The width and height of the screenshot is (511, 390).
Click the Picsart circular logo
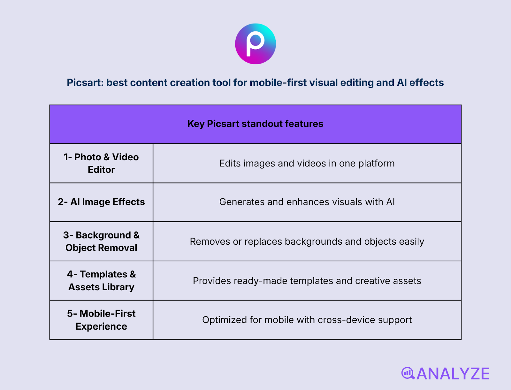[x=256, y=44]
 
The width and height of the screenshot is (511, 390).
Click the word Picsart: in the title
[x=85, y=83]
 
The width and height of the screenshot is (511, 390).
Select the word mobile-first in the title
[x=278, y=83]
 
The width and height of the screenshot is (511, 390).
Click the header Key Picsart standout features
[x=256, y=124]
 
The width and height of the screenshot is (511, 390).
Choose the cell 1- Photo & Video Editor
[x=101, y=163]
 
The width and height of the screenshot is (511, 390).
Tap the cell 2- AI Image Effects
[x=101, y=202]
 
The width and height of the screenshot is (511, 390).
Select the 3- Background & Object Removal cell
[x=101, y=241]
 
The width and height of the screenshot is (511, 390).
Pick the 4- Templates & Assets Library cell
[x=101, y=280]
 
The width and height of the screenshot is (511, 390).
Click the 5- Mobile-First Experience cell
[x=101, y=320]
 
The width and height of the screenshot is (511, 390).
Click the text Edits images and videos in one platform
[x=307, y=164]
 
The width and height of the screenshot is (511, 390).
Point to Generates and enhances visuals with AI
[x=307, y=202]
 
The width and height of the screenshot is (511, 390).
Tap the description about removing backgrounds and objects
[x=307, y=242]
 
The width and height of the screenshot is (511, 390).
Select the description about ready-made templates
[x=307, y=281]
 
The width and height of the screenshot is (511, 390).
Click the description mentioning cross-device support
[x=307, y=320]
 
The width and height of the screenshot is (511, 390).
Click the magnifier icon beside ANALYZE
[x=408, y=373]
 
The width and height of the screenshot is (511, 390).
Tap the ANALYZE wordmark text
[x=453, y=374]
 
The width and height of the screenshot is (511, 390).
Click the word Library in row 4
[x=118, y=287]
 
